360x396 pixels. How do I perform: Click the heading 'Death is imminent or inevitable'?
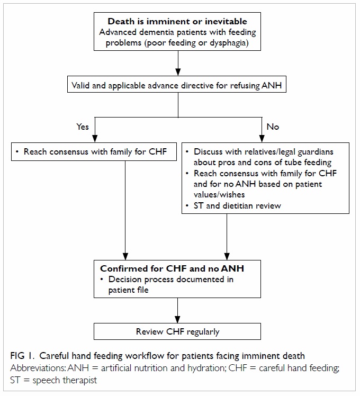tap(177, 21)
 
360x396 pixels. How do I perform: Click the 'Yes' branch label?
tap(83, 127)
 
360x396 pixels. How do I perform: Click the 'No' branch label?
tap(273, 127)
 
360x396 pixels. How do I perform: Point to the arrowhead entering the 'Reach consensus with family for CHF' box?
tap(95, 139)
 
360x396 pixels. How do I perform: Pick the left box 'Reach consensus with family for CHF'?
tap(94, 151)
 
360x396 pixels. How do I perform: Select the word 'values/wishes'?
tap(219, 194)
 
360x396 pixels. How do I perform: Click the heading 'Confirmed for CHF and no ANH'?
tap(172, 268)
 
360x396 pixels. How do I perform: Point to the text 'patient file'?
tap(128, 290)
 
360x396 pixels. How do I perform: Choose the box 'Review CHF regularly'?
tap(177, 331)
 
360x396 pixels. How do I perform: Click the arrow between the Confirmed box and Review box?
tap(177, 310)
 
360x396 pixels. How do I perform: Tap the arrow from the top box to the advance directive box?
tap(178, 63)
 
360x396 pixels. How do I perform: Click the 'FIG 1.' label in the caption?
tap(22, 356)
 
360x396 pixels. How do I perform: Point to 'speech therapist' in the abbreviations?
tap(65, 380)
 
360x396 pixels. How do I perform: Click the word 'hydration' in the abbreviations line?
tap(206, 368)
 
